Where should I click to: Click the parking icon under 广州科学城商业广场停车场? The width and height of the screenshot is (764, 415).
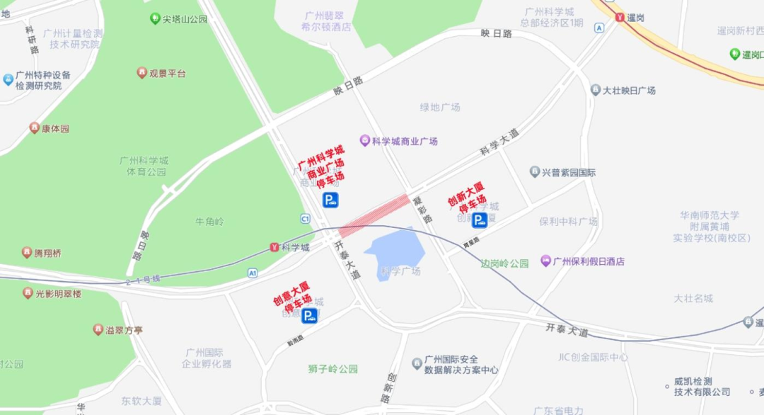pyautogui.click(x=330, y=200)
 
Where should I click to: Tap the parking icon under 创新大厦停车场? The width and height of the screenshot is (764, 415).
pyautogui.click(x=480, y=220)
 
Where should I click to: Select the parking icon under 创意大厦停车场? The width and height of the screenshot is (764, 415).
pyautogui.click(x=309, y=316)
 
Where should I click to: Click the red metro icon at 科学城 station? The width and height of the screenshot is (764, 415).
pyautogui.click(x=274, y=247)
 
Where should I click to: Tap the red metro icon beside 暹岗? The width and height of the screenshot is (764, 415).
pyautogui.click(x=620, y=17)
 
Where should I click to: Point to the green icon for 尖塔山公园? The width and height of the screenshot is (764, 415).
pyautogui.click(x=155, y=18)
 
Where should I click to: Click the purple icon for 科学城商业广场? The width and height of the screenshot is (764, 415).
pyautogui.click(x=365, y=141)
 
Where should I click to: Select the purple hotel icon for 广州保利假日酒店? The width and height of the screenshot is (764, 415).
pyautogui.click(x=545, y=261)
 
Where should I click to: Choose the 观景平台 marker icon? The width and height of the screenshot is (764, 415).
pyautogui.click(x=142, y=73)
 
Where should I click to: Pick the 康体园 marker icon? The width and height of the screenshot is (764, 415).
pyautogui.click(x=35, y=128)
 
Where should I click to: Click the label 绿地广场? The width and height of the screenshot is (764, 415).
pyautogui.click(x=440, y=107)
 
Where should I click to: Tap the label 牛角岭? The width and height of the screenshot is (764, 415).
pyautogui.click(x=209, y=222)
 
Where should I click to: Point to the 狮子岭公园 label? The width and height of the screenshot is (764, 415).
pyautogui.click(x=333, y=369)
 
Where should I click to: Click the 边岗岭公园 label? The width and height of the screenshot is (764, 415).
pyautogui.click(x=505, y=263)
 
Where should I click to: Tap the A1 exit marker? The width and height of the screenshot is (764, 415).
pyautogui.click(x=253, y=273)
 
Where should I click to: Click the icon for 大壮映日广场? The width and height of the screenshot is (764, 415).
pyautogui.click(x=596, y=90)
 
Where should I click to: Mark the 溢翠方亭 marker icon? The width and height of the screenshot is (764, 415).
pyautogui.click(x=98, y=329)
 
